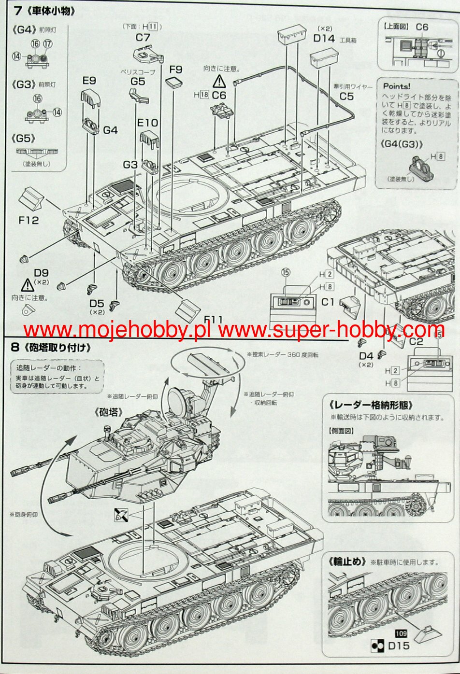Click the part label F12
tap(29, 221)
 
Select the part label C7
tap(143, 37)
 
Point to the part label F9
tap(175, 69)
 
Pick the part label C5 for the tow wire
tap(346, 96)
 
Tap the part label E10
tap(147, 123)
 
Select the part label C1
tap(328, 303)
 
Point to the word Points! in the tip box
tap(396, 86)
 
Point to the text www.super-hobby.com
tap(331, 330)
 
